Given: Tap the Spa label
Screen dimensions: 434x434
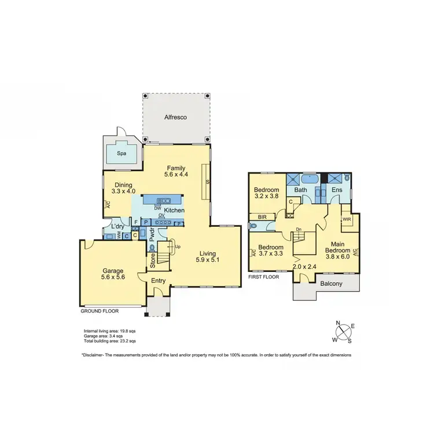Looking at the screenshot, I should click(x=122, y=154).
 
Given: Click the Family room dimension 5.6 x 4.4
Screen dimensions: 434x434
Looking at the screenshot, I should click(x=176, y=175).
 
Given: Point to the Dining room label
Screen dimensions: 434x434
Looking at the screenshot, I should click(x=123, y=185).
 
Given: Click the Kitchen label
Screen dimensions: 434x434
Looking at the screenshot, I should click(x=174, y=210).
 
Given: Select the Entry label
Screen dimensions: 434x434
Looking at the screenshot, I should click(x=158, y=281).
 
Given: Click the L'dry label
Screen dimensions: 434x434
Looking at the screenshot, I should click(x=119, y=226).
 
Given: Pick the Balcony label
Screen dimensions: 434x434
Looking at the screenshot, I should click(x=332, y=284).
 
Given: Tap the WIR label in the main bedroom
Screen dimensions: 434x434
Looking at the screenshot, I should click(x=347, y=220).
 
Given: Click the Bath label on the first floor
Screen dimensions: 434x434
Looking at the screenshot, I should click(x=300, y=190).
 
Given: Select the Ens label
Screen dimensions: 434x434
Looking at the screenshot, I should click(x=337, y=190).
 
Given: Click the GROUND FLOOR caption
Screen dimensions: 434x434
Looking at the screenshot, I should click(x=100, y=311).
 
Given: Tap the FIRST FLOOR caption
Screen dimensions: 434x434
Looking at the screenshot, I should click(x=264, y=277).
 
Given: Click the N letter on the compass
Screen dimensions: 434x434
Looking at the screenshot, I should click(x=338, y=323).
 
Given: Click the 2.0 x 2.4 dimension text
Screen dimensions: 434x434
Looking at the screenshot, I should click(x=304, y=267).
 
